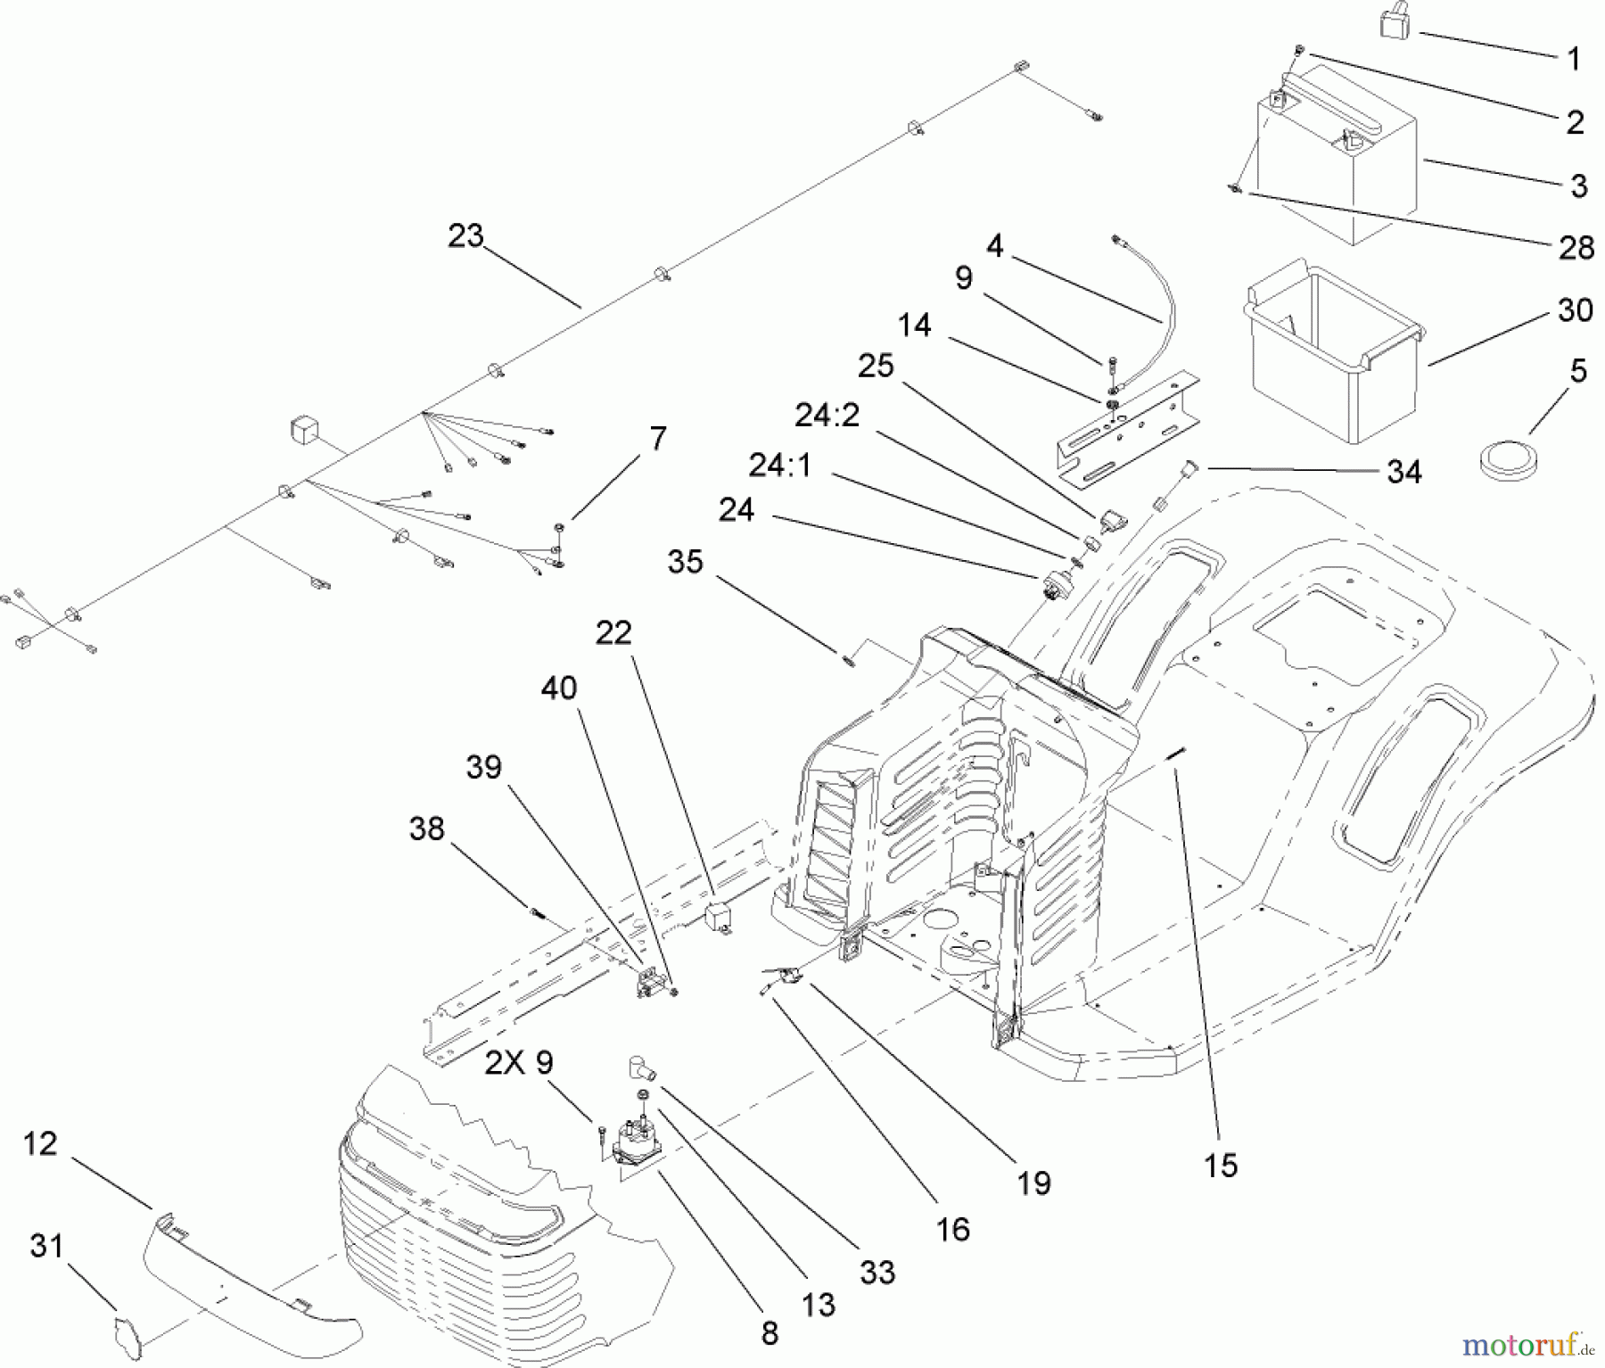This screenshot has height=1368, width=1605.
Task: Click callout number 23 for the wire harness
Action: point(465,236)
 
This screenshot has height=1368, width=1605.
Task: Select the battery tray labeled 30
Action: point(1329,357)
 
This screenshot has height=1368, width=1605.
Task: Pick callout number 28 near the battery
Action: point(1576,247)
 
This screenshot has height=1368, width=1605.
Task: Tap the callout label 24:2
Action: point(827,415)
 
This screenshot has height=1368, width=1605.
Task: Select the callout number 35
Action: point(685,562)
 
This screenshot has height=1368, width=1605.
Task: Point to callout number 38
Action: point(426,828)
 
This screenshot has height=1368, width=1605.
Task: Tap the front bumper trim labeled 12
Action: point(250,1275)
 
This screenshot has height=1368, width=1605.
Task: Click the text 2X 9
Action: point(520,1062)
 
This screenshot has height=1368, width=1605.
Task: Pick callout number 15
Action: point(1220,1165)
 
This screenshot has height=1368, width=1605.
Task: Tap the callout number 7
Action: point(657,439)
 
